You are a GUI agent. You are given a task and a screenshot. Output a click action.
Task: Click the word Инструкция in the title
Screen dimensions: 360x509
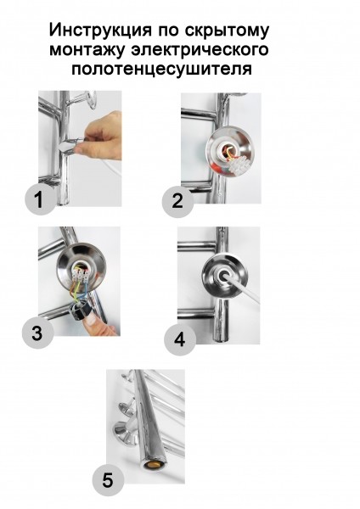point(100,31)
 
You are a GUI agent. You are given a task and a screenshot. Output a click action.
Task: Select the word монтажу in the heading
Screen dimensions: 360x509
point(87,51)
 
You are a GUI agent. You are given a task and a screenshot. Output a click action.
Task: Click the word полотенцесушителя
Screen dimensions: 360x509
point(162,70)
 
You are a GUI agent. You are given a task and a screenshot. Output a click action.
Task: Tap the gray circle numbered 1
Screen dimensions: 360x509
point(40,199)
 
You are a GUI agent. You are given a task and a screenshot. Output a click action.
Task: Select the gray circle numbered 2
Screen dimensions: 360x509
point(177,200)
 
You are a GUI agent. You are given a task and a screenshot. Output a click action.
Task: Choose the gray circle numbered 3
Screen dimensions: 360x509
point(37,333)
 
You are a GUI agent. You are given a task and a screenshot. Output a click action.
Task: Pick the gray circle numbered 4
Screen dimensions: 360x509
point(180,339)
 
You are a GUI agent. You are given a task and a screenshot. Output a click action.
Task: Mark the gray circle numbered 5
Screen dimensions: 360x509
point(108,480)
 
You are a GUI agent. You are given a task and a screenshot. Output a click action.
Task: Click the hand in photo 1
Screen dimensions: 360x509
point(101,136)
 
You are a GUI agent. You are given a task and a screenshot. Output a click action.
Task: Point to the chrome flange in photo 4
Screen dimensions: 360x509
point(224,277)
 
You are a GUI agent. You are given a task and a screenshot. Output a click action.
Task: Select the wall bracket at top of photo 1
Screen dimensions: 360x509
point(85,99)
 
